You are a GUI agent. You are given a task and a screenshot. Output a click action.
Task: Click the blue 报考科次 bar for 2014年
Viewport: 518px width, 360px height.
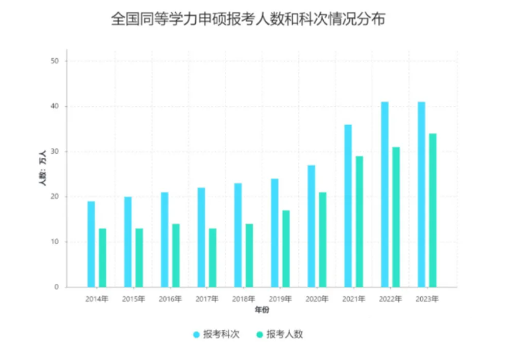tap(91, 244)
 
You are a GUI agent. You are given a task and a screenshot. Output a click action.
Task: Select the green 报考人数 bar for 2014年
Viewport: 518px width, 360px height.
tap(102, 258)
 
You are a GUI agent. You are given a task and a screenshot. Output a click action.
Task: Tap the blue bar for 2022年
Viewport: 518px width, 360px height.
tap(384, 194)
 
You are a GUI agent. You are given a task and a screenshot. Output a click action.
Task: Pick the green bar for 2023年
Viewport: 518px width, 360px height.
tap(433, 210)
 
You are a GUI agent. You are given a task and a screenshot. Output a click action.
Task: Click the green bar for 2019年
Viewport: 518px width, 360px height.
tap(286, 249)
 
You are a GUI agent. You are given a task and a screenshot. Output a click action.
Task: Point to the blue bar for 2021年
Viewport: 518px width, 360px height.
tap(348, 206)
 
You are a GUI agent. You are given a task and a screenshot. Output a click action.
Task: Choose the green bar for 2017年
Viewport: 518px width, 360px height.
tap(212, 258)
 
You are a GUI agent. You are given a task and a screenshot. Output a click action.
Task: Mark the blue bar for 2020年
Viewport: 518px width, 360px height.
tap(311, 226)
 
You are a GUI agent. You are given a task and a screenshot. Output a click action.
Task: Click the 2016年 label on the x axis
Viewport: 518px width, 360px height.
tap(170, 299)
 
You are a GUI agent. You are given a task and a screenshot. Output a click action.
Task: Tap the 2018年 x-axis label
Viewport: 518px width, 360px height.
tap(244, 299)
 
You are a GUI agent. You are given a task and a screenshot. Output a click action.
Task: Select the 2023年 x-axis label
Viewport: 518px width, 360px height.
tap(427, 299)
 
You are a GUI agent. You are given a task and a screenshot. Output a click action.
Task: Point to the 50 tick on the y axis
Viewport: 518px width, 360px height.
tap(55, 61)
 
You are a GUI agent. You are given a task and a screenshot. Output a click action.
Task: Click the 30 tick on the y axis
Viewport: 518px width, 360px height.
tap(55, 152)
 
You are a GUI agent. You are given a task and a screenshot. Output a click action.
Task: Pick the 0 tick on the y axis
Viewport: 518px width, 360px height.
tap(57, 287)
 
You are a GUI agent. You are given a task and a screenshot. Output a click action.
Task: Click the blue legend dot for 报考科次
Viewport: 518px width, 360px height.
tap(197, 335)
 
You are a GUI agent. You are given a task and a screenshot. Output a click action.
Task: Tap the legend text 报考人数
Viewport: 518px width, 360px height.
tap(285, 335)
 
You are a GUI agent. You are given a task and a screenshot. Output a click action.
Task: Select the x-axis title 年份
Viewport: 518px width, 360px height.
tap(262, 309)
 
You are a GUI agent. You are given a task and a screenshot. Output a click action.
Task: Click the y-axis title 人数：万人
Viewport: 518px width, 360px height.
tap(43, 168)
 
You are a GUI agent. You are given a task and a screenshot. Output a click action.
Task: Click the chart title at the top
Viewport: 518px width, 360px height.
tap(248, 19)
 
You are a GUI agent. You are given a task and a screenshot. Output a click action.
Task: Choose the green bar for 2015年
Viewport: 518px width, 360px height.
tap(139, 258)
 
